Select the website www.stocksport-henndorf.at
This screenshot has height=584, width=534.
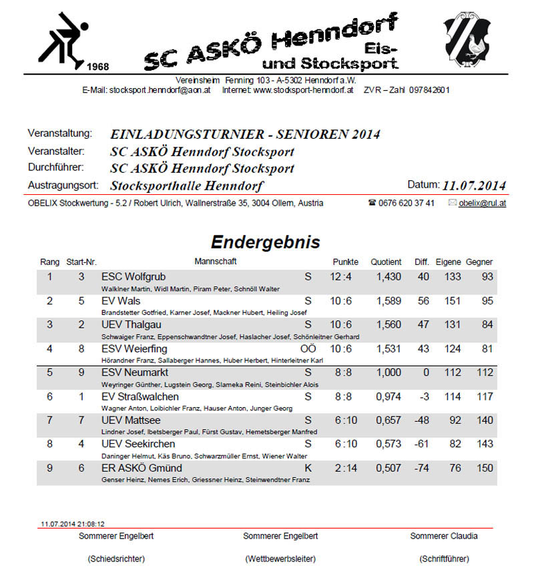coord(303,89)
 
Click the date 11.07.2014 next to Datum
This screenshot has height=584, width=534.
coord(474,185)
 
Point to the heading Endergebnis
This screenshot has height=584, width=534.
coord(266,242)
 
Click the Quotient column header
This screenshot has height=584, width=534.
coord(387,262)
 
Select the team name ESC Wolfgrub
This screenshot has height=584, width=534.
coord(133,276)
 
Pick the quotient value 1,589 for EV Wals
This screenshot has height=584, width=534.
coord(388,301)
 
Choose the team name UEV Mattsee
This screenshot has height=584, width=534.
coord(131,420)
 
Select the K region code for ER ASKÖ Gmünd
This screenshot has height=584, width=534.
coord(308,468)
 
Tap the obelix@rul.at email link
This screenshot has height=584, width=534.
coord(482,203)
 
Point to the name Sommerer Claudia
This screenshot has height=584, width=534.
coord(444,535)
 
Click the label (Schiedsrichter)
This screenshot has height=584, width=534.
coord(116,559)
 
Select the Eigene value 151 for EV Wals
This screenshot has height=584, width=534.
coord(452,301)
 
